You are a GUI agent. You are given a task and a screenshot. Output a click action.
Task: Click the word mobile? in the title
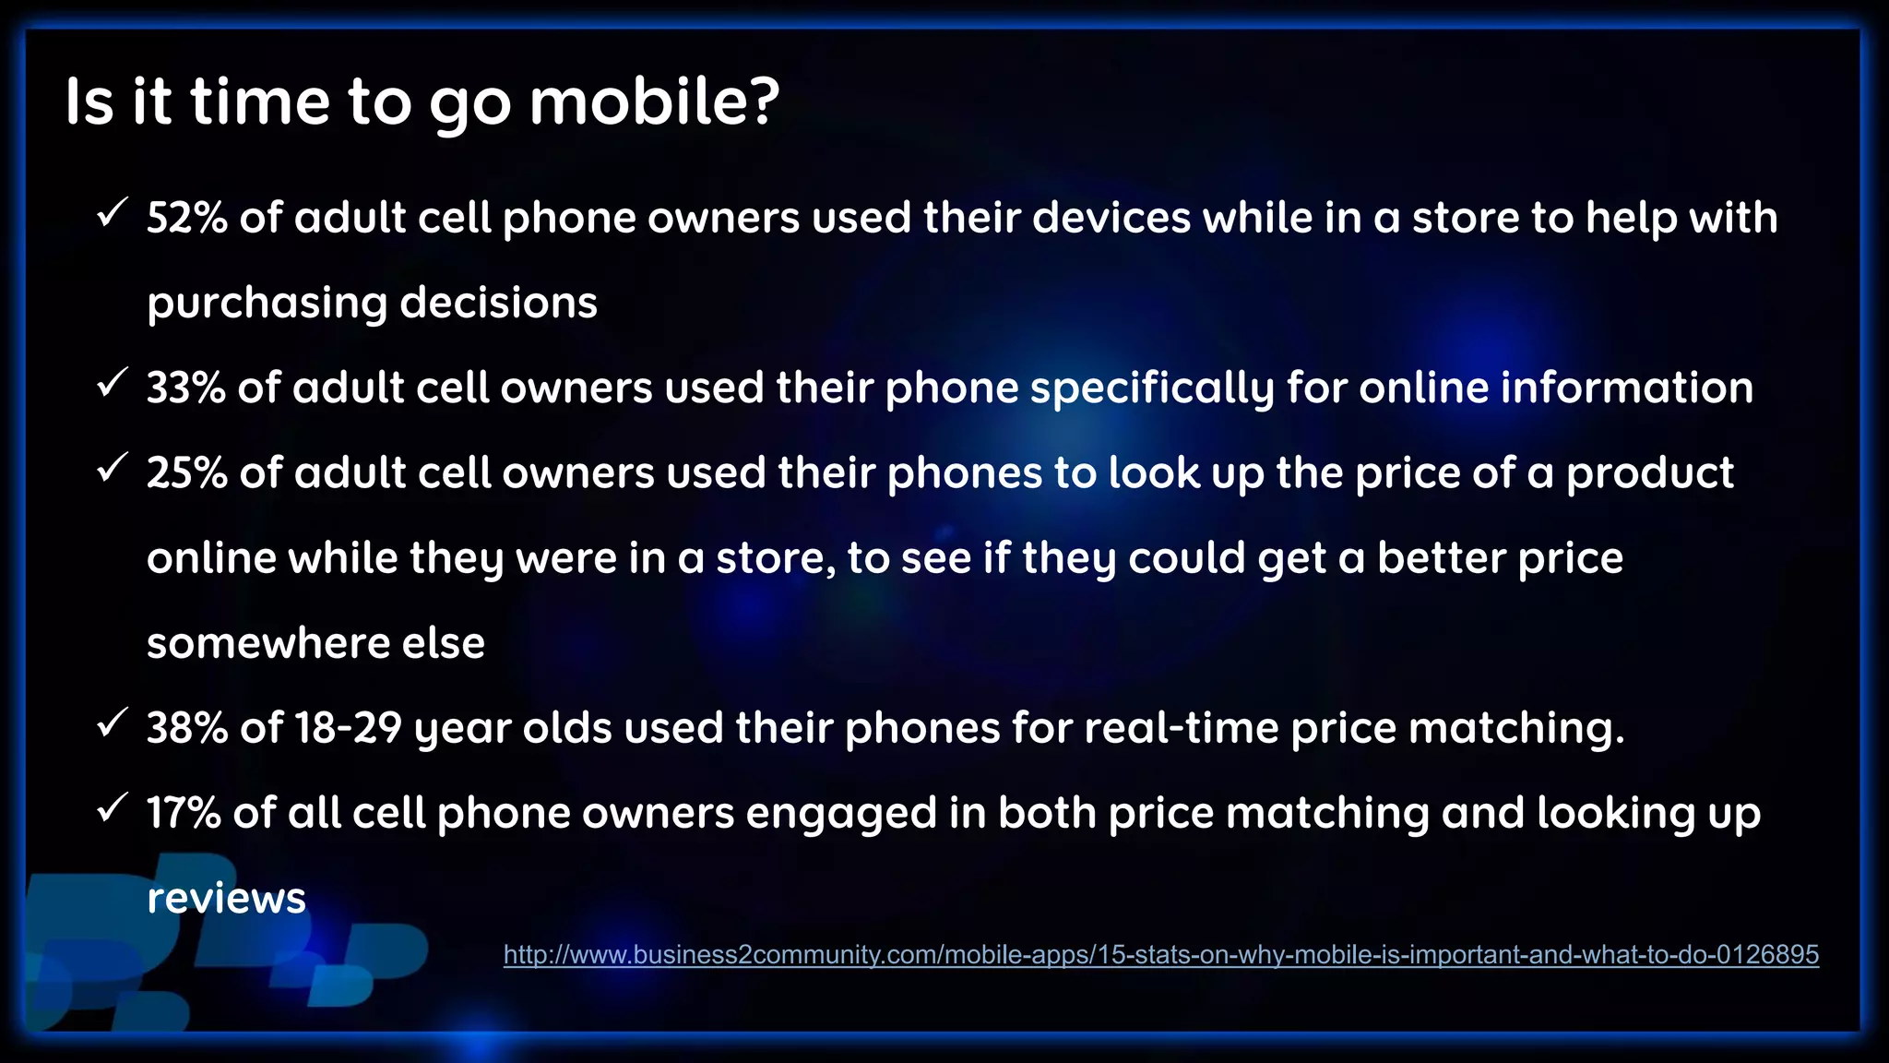654,102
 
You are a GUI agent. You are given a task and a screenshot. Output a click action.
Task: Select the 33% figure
185,388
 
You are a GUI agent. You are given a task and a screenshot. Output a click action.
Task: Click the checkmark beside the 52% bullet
111,214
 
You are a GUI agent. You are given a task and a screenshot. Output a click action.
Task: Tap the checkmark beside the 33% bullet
111,384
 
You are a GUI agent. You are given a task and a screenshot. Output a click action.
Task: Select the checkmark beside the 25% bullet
111,469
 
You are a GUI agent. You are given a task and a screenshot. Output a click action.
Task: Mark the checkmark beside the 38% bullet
111,723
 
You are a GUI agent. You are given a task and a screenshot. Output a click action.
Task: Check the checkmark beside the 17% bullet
111,808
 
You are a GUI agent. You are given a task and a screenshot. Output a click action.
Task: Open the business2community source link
1160,954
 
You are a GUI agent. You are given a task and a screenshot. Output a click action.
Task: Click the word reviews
226,899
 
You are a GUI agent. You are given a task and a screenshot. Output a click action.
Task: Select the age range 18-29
348,728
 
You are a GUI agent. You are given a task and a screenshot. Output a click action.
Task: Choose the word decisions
498,303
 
